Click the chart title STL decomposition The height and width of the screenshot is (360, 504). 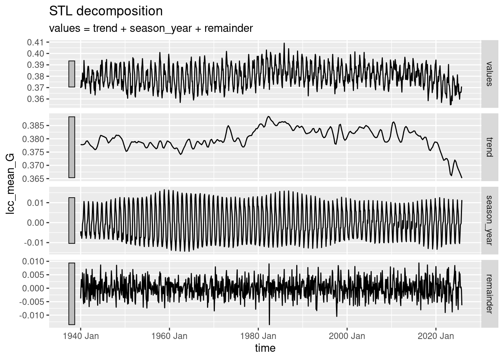click(x=106, y=11)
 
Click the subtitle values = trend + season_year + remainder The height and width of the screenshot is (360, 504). click(x=151, y=28)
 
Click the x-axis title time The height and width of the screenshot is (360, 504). click(x=265, y=348)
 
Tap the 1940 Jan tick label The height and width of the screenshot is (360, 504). click(x=81, y=336)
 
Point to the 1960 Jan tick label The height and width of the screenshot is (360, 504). click(x=169, y=336)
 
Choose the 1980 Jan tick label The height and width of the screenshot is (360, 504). click(x=258, y=336)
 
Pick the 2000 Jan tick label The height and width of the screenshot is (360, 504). click(x=347, y=336)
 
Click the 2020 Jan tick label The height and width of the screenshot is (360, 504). click(x=436, y=336)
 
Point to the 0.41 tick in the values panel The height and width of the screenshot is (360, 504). click(x=35, y=42)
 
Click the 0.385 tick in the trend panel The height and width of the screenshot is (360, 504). click(x=33, y=125)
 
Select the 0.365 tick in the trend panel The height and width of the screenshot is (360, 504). click(x=33, y=178)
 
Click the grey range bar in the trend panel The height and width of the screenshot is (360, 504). click(x=72, y=147)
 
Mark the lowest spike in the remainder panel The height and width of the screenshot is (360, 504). click(x=269, y=324)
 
